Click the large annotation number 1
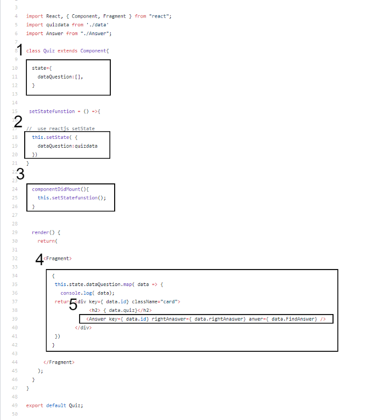(20, 51)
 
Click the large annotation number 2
(18, 122)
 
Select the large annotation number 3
(20, 174)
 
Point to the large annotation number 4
(39, 259)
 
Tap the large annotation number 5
(73, 305)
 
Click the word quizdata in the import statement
(55, 25)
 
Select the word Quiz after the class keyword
(49, 51)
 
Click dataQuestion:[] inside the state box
(60, 77)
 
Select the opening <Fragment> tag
(58, 258)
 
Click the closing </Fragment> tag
(59, 362)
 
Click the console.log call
(77, 293)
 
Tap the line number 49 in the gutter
(14, 405)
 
